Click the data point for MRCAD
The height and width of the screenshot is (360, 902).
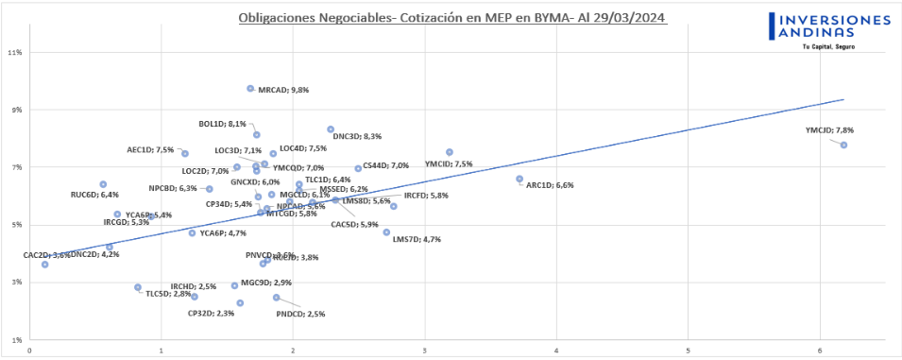point(250,89)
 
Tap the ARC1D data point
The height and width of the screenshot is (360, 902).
point(519,179)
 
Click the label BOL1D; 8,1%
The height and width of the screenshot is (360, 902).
point(222,124)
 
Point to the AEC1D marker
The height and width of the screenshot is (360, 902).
point(185,153)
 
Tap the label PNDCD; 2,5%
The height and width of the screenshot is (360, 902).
point(300,313)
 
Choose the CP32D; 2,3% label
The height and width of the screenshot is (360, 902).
point(211,313)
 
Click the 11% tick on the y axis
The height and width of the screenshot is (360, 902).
point(15,52)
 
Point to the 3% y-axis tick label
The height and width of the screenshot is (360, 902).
point(15,282)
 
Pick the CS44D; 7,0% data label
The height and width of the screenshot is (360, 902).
point(385,165)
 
